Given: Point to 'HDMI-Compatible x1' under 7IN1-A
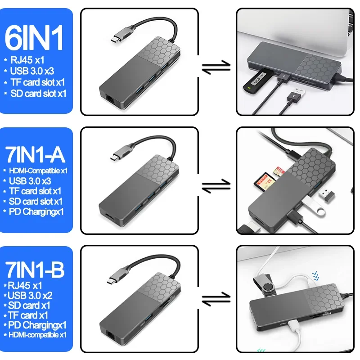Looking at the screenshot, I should (35, 171).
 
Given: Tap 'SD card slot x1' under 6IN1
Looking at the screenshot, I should (38, 94).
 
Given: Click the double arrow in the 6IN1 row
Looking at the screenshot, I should (216, 67).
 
